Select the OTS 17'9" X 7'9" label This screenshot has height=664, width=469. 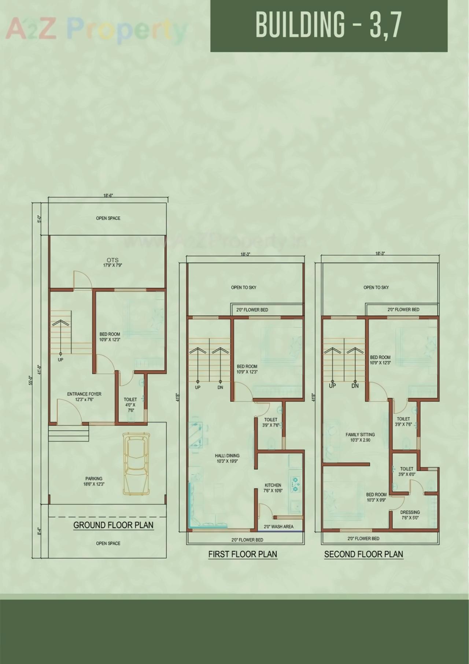112,263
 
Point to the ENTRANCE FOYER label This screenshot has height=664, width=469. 84,397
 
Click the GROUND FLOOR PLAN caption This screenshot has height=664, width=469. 113,525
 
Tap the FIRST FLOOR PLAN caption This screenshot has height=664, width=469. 243,554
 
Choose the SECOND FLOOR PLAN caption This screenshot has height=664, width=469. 363,554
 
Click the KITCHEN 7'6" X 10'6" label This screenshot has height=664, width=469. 273,488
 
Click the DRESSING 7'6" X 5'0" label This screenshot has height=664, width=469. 410,515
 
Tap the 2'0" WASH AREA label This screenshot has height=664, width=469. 278,527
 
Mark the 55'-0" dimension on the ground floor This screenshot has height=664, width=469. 31,381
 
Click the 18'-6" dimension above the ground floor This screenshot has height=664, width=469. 108,196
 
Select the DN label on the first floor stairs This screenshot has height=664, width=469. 220,387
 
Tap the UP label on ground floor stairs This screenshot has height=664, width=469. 60,360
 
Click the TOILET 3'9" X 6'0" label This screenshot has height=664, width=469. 406,471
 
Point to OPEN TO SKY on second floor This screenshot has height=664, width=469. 376,288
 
